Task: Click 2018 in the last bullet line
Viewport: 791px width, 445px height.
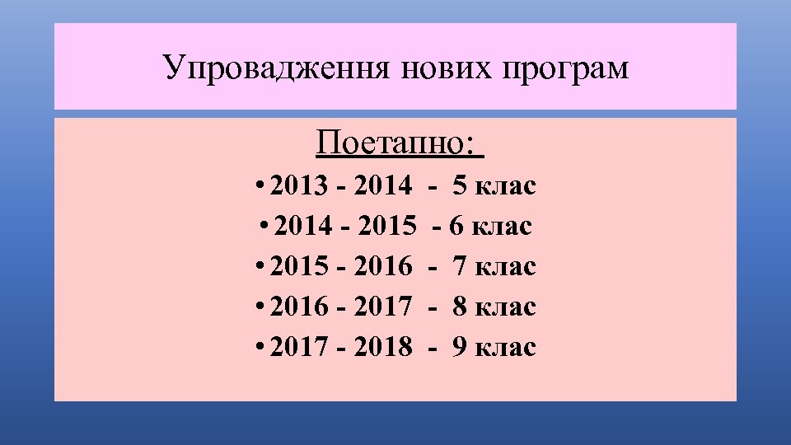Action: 382,347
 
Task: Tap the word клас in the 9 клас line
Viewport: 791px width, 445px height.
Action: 506,347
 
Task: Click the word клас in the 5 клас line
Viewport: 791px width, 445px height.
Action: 506,186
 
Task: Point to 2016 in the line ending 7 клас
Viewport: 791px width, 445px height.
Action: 382,266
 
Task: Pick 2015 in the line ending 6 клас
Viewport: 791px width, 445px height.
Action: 386,226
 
